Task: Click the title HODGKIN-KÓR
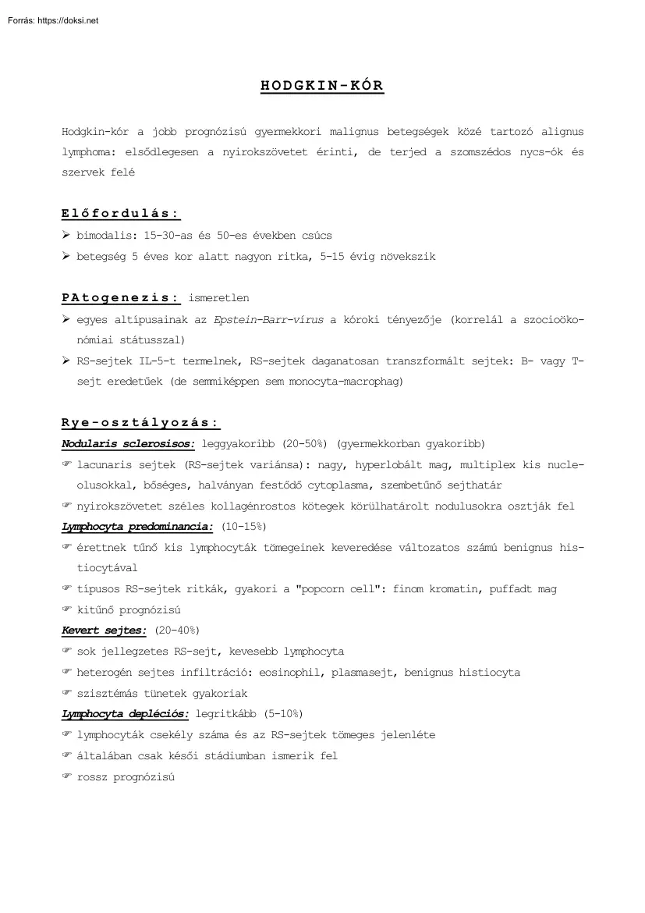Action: (x=322, y=86)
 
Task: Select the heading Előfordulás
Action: (x=121, y=214)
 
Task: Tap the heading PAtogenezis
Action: (x=121, y=297)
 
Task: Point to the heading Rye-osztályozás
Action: (x=140, y=423)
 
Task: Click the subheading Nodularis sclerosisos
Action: (x=128, y=444)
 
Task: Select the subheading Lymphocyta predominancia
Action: (x=137, y=527)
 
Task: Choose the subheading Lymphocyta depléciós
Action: (x=125, y=713)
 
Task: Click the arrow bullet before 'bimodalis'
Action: (x=66, y=235)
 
